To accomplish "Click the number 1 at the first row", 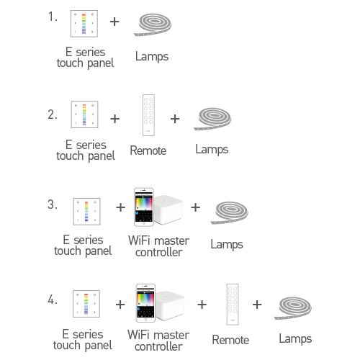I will coord(52,17).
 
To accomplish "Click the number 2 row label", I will coord(52,114).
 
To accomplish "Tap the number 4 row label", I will coord(52,300).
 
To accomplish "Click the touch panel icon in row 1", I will coord(84,24).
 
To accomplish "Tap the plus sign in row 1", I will coord(114,22).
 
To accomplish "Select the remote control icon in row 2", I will coord(148,115).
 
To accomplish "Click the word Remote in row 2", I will coord(148,150).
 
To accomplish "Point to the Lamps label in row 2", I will coord(212,150).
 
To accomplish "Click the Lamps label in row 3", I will coord(227,244).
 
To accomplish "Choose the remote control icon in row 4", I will coord(231,305).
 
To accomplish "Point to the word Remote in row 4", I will coord(230,340).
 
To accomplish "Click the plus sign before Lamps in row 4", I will coord(257,305).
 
